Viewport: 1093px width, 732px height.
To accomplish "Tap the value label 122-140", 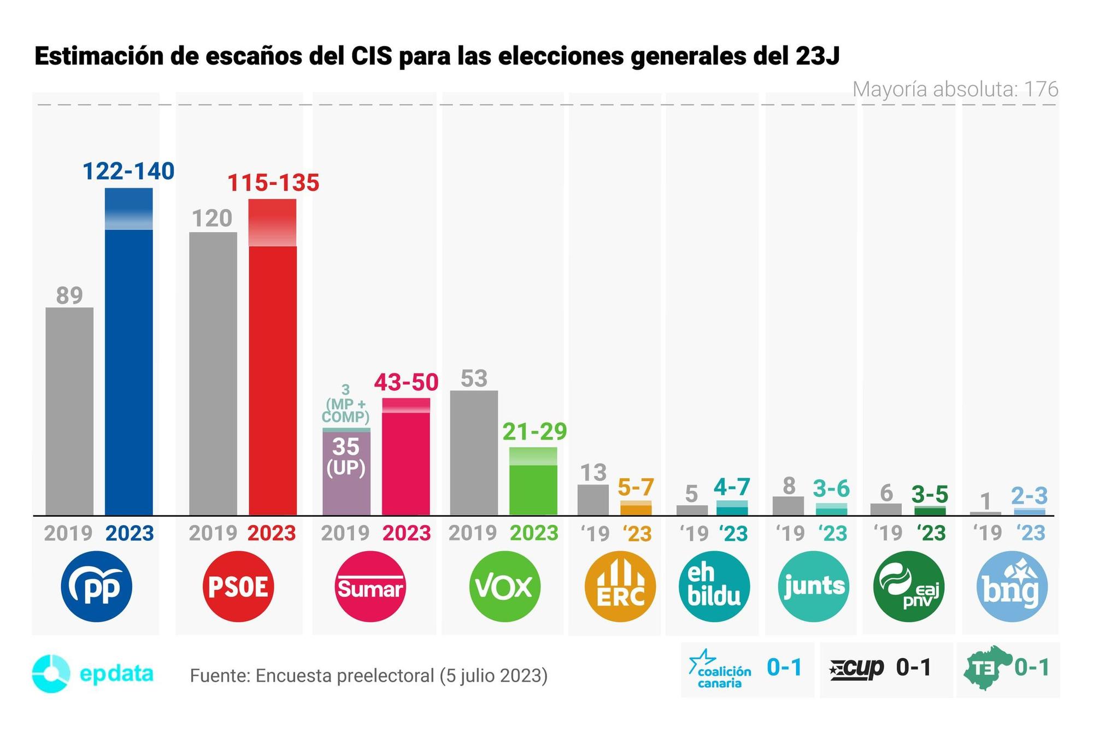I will [128, 171].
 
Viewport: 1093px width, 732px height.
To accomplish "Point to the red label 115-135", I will [273, 183].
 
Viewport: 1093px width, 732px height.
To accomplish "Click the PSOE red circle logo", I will [238, 587].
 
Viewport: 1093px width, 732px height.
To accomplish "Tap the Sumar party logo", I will [370, 587].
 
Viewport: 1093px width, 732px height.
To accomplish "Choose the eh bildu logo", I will [714, 587].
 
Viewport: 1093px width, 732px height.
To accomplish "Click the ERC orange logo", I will [620, 587].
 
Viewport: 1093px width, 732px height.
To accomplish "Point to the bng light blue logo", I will [1012, 587].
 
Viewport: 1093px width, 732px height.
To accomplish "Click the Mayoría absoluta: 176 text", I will [955, 89].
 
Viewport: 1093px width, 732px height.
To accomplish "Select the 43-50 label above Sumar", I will [406, 382].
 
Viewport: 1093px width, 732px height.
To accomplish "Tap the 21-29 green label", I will [534, 432].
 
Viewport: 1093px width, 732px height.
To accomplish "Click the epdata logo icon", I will [51, 673].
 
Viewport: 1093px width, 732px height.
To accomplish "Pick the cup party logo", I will [856, 668].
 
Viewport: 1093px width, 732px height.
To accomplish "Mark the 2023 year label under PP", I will [130, 533].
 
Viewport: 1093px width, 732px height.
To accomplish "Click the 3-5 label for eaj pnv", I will [930, 495].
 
